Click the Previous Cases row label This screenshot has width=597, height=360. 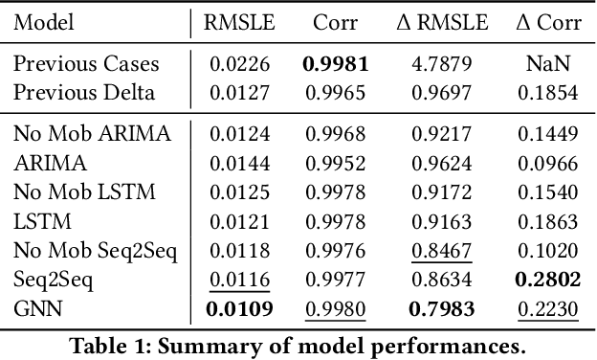coord(86,65)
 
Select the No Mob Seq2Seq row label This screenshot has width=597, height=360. coord(95,252)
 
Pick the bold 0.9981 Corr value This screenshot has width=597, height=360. coord(336,65)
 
